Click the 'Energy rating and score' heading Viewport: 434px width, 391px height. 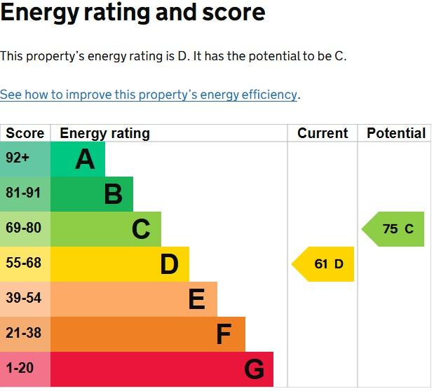coord(133,13)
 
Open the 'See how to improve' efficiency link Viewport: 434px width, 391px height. coord(149,95)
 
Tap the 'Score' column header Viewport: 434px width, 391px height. coord(25,133)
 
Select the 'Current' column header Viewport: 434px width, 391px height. coord(323,133)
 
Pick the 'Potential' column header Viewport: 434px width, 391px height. coord(396,133)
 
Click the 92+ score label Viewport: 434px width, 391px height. coord(18,158)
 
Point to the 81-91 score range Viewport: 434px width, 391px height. coord(23,193)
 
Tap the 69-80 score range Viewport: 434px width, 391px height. coord(24,228)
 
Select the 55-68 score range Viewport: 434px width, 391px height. coord(24,263)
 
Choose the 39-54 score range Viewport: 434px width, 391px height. coord(24,298)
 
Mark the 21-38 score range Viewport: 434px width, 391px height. coord(24,333)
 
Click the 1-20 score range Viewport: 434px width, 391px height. coord(20,368)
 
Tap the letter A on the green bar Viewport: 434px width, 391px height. coord(85,159)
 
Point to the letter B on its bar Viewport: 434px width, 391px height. coord(114,194)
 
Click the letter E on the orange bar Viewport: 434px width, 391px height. coord(197,299)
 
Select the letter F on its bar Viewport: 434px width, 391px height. coord(224,334)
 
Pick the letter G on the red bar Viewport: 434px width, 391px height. coord(254,369)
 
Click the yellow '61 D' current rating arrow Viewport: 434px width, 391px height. coord(323,264)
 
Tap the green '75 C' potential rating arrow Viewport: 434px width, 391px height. coord(393,229)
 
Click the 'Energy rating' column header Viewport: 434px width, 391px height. coord(105,133)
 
